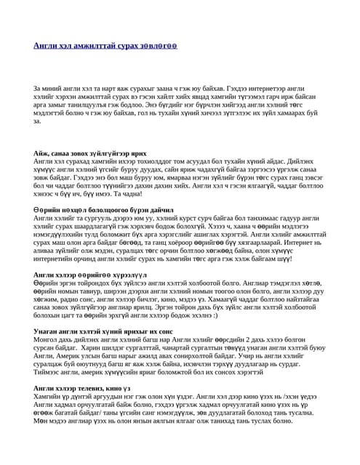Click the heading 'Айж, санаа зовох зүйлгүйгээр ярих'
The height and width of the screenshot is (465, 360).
click(90, 154)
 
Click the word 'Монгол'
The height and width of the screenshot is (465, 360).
click(46, 339)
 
